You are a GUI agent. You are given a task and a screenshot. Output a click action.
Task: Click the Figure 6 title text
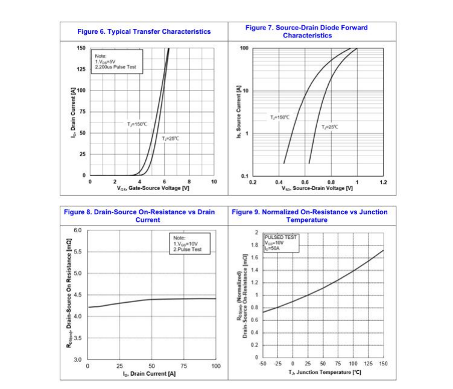(144, 31)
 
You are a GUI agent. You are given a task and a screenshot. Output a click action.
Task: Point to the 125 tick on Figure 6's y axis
(81, 69)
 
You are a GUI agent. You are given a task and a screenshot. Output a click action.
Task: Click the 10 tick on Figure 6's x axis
(214, 182)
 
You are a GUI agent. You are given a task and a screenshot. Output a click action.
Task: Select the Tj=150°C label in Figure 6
(136, 124)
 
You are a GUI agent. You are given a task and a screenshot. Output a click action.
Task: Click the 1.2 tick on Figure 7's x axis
(383, 182)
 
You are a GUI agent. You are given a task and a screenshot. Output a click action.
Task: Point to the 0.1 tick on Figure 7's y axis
(244, 176)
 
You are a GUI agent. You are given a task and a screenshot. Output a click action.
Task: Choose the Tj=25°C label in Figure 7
(329, 127)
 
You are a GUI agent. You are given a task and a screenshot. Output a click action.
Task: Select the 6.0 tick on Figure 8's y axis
(77, 230)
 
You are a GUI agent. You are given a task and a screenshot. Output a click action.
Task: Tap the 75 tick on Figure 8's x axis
(184, 366)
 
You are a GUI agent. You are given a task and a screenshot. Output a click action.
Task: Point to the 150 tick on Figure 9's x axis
(383, 364)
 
